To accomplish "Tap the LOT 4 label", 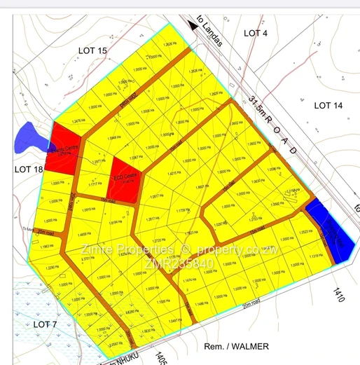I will (x=256, y=33).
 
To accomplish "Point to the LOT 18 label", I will (x=29, y=169).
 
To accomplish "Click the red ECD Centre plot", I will (x=126, y=179).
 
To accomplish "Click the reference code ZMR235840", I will (x=179, y=263).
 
